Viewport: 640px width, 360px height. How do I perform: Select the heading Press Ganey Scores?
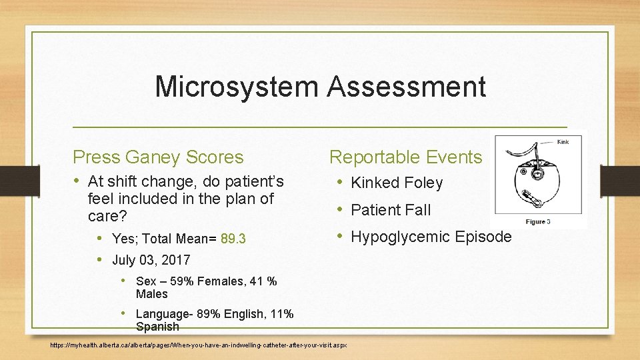(x=158, y=157)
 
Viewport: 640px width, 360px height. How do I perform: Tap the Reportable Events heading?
(x=405, y=157)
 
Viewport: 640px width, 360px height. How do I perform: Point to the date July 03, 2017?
(x=151, y=260)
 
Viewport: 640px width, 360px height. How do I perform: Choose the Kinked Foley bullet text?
(x=397, y=183)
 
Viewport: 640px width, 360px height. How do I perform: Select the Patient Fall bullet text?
(x=391, y=210)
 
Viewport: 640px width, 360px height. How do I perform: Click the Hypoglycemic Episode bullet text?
(x=431, y=237)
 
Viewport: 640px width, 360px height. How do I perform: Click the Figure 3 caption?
(x=537, y=221)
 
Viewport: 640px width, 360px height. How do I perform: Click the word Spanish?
(x=157, y=327)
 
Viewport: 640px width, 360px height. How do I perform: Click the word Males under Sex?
(x=152, y=294)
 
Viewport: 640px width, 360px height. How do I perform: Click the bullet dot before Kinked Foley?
(x=340, y=183)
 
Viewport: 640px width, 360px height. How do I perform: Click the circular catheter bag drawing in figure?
(x=533, y=177)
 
